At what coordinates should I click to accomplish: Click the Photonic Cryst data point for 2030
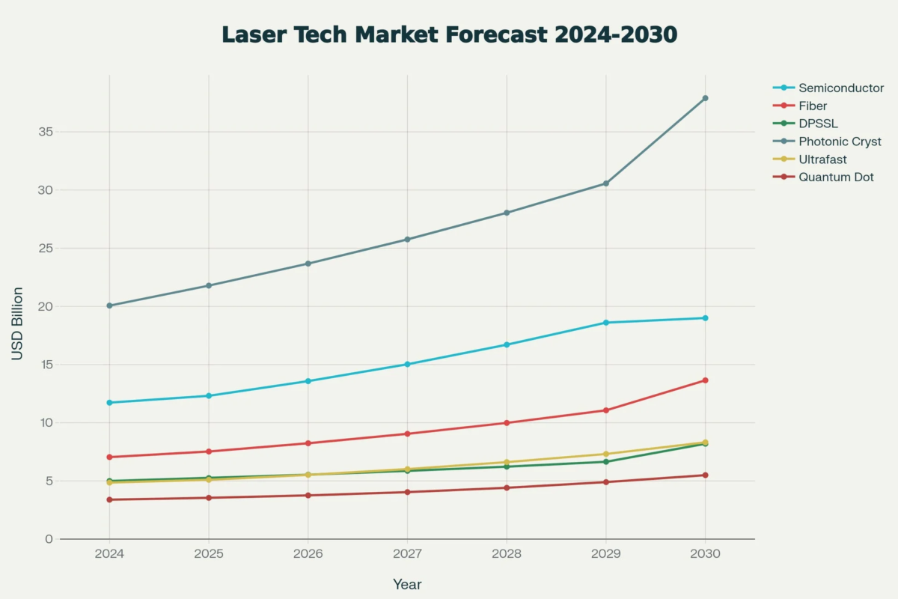point(705,98)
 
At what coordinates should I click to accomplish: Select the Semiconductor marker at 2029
point(605,323)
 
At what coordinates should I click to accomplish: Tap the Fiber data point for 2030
point(705,380)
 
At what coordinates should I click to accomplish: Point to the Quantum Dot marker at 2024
point(109,499)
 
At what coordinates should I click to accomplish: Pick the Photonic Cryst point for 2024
point(109,305)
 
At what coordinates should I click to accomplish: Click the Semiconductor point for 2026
point(308,381)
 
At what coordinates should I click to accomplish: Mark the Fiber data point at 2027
point(407,434)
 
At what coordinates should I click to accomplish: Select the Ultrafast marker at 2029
point(605,454)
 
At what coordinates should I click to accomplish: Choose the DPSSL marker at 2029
point(605,462)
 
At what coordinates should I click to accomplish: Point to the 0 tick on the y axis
point(49,539)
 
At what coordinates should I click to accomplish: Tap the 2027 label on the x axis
point(407,555)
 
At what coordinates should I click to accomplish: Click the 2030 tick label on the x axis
point(705,555)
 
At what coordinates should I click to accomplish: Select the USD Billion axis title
point(17,323)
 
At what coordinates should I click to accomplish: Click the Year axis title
point(407,584)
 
